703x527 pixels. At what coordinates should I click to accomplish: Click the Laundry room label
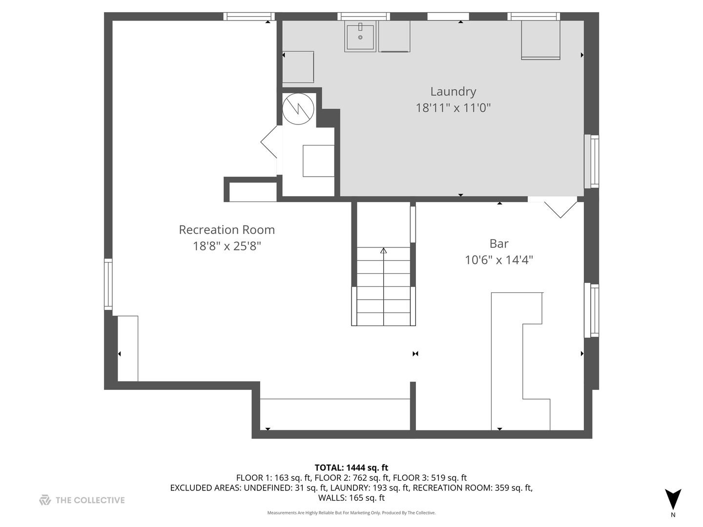coord(453,92)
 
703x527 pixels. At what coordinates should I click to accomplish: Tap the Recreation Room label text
coord(227,230)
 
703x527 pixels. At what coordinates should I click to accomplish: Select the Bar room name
coord(498,244)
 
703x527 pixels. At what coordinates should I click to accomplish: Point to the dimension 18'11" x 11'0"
coord(453,108)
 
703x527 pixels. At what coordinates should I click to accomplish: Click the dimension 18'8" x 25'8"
coord(227,246)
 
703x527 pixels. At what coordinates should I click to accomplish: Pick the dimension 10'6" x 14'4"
coord(498,260)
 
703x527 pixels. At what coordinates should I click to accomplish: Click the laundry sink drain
coord(360,38)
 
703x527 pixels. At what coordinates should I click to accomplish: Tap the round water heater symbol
coord(298,109)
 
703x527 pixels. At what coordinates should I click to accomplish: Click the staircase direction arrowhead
coord(383,250)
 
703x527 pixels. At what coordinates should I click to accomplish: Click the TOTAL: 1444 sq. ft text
coord(351,468)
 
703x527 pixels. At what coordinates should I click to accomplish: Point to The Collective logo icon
coord(45,500)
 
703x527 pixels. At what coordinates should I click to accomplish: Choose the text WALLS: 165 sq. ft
coord(351,498)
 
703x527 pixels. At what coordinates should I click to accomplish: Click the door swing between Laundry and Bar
coord(560,210)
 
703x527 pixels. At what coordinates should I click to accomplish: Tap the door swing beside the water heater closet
coord(269,142)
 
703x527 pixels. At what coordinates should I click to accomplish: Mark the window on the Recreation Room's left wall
coord(108,284)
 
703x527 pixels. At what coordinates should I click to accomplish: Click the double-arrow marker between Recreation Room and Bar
coord(415,354)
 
